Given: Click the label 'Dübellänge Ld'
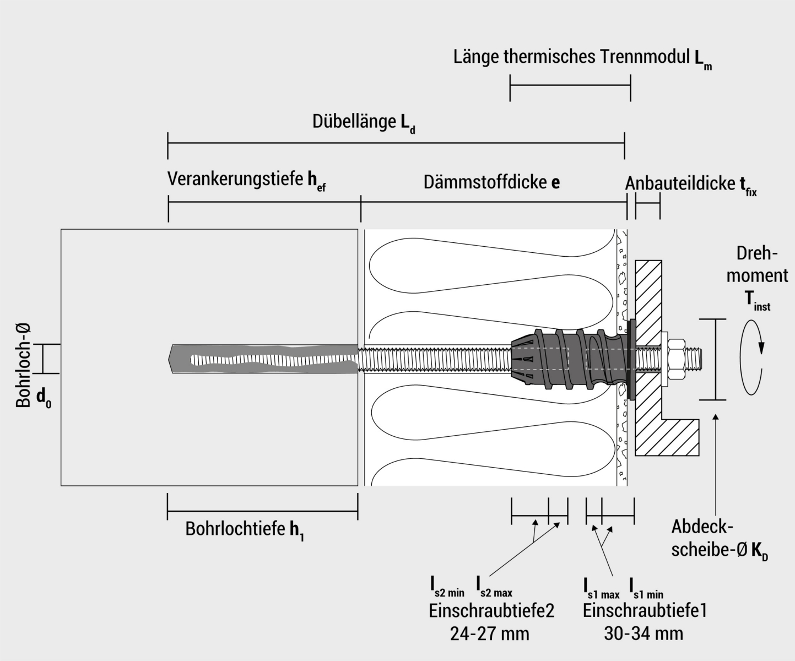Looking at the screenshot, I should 364,122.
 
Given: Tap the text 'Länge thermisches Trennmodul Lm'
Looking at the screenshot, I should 582,57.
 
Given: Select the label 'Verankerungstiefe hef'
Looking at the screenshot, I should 247,180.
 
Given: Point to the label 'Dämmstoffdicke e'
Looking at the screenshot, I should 491,182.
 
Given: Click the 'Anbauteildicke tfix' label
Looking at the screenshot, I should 691,184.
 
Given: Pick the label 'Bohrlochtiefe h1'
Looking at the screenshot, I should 245,530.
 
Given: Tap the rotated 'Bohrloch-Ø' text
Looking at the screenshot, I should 23,365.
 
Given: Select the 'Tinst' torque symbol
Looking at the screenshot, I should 758,301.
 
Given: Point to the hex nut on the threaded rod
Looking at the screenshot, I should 675,358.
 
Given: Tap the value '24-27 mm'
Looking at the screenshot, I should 489,633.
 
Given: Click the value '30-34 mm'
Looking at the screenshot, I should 643,633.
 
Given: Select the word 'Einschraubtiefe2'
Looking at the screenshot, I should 491,610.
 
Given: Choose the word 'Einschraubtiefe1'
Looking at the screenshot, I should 645,610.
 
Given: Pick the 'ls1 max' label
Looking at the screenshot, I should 601,588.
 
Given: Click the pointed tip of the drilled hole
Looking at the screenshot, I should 170,359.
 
